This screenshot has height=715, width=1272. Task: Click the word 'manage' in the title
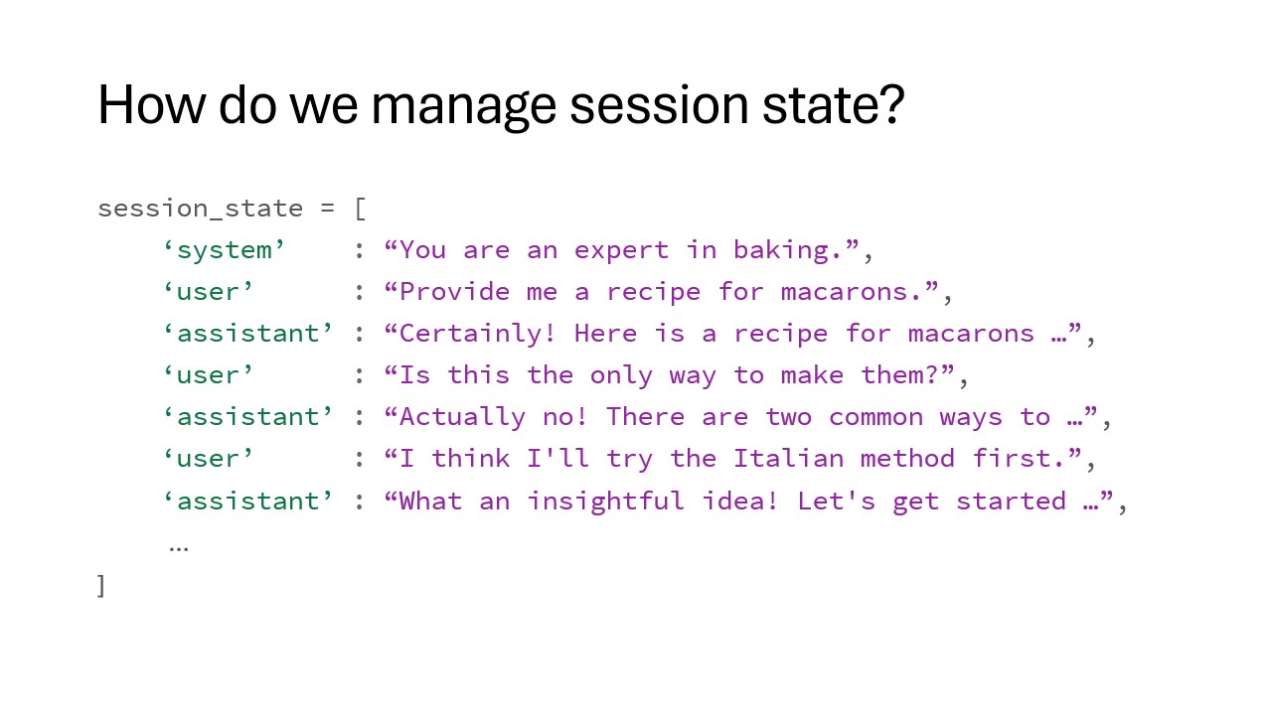(x=463, y=105)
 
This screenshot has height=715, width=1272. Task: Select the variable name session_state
(x=200, y=209)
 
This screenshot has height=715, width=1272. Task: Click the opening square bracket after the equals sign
(x=360, y=209)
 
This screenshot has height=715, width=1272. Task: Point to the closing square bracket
(x=101, y=586)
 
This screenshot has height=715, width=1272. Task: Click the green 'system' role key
(x=225, y=249)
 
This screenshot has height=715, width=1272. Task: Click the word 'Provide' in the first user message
(x=454, y=292)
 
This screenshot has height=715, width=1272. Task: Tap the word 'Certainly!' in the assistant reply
(x=477, y=333)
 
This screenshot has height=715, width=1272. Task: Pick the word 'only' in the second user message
(x=621, y=375)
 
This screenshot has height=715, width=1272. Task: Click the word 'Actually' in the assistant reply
(x=462, y=417)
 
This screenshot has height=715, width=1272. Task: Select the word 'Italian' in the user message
(x=788, y=459)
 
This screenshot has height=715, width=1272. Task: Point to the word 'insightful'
(x=606, y=501)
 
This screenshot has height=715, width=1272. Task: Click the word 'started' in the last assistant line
(x=1011, y=501)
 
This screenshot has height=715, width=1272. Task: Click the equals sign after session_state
(x=327, y=209)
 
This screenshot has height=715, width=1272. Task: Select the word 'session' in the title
(x=659, y=105)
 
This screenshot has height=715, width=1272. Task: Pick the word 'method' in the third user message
(x=907, y=459)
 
